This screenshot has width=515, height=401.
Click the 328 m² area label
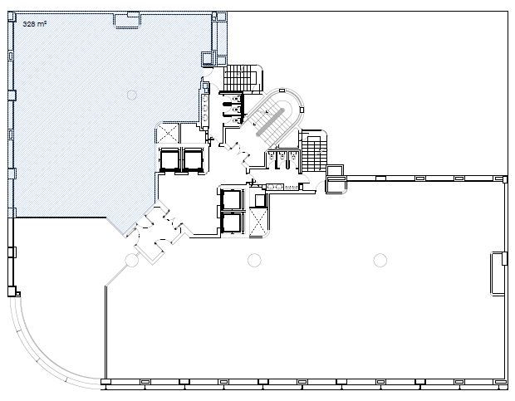(x=35, y=23)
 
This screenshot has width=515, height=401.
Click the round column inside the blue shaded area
(x=132, y=95)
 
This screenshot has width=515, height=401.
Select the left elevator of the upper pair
(x=169, y=159)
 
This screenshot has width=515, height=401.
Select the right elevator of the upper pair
(x=194, y=159)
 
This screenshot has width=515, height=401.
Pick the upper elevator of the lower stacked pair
(x=232, y=199)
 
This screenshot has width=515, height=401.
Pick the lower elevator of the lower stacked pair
(x=232, y=223)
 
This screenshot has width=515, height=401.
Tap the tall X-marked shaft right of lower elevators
(x=259, y=223)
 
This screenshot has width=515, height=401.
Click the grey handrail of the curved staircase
(x=270, y=121)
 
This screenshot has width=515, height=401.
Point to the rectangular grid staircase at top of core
(x=240, y=78)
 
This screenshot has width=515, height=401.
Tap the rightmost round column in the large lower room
(x=380, y=260)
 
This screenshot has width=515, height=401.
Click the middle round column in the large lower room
(x=254, y=260)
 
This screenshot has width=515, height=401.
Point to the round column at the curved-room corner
(x=132, y=260)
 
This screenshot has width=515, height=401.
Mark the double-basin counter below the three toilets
(x=275, y=187)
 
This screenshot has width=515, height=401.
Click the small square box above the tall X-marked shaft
(x=260, y=200)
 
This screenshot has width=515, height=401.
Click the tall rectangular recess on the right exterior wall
(x=498, y=273)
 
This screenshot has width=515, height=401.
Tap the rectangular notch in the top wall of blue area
(x=126, y=21)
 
